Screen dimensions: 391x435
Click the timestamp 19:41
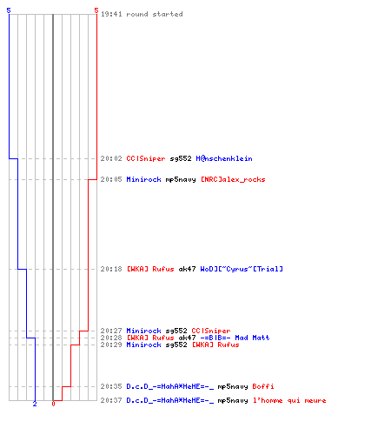[111, 14]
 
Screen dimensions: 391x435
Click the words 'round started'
[155, 14]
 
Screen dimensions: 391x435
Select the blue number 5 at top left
[9, 10]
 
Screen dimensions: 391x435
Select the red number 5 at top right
[96, 10]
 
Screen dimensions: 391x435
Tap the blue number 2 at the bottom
[35, 404]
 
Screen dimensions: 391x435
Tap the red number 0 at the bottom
[53, 404]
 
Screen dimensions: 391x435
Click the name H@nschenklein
[224, 158]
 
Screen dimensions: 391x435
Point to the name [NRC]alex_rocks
[233, 179]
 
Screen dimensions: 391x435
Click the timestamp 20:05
[111, 179]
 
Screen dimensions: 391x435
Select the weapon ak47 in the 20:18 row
[187, 269]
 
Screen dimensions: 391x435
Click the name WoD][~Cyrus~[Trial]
[242, 269]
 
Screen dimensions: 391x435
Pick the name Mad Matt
[252, 338]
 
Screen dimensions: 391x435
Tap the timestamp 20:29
[111, 345]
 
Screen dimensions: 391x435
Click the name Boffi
[263, 386]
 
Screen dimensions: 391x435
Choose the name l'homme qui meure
[289, 400]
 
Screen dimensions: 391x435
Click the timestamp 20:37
[111, 400]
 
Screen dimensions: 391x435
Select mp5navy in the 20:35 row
[233, 386]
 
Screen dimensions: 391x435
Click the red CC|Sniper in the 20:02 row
[146, 158]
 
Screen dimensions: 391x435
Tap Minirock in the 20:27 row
[143, 331]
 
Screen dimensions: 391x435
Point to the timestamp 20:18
[111, 269]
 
